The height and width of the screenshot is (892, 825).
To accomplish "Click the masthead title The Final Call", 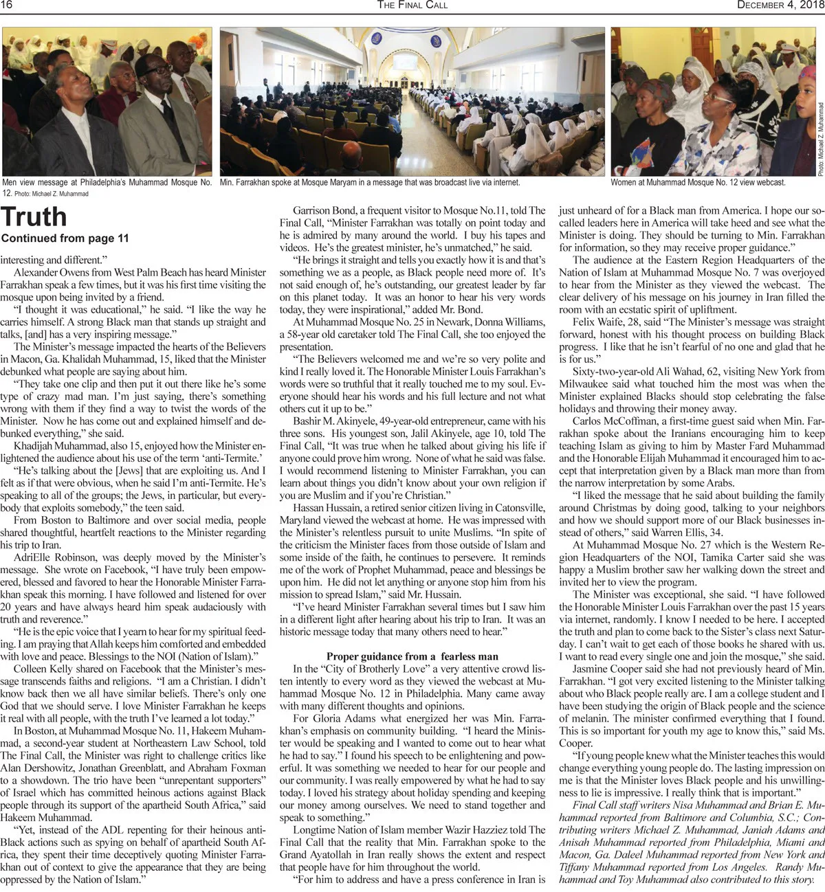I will coord(412,5).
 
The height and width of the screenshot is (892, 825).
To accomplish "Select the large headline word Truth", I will coord(34,217).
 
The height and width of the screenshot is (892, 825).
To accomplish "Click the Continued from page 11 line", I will coord(65,239).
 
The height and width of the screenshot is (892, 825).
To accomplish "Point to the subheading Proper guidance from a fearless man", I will coord(412,656).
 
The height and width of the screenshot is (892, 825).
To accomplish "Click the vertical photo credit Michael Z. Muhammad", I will coord(820,137).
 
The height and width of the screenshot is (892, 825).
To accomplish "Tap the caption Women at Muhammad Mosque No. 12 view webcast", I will coord(698,183).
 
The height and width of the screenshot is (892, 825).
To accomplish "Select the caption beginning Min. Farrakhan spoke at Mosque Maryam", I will coord(370,183).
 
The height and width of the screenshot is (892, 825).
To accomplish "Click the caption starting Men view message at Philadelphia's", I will coord(107,183).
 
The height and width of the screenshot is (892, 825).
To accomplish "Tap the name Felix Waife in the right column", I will coord(598,322).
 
